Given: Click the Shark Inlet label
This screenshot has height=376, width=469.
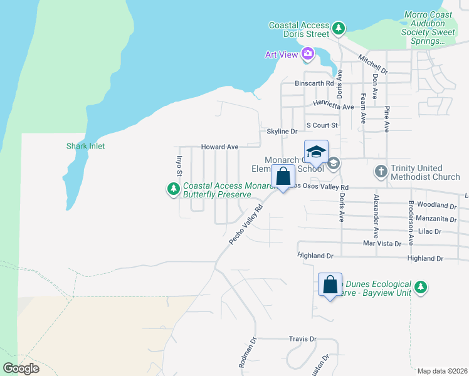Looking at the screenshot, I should click(x=86, y=146).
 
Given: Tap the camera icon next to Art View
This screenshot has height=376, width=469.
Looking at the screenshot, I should click(x=307, y=54).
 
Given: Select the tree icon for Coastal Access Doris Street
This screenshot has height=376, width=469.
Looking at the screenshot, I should click(x=339, y=28).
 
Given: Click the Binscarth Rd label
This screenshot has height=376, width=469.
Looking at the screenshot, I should click(x=314, y=83).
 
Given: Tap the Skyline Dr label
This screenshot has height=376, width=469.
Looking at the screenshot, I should click(x=282, y=132).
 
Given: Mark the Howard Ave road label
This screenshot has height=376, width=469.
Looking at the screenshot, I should click(x=219, y=147).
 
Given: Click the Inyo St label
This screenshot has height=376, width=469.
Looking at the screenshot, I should click(x=179, y=165).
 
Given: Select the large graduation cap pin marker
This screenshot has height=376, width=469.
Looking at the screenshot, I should click(x=317, y=152).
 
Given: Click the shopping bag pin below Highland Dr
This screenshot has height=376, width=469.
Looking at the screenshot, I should click(x=330, y=285).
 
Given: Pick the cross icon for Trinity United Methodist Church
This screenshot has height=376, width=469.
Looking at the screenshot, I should click(x=380, y=171).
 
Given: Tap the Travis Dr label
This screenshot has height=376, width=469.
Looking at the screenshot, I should click(x=302, y=339).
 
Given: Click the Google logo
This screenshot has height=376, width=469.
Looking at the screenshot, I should click(x=21, y=368).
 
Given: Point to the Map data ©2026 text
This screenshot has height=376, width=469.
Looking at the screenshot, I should click(x=441, y=371).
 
